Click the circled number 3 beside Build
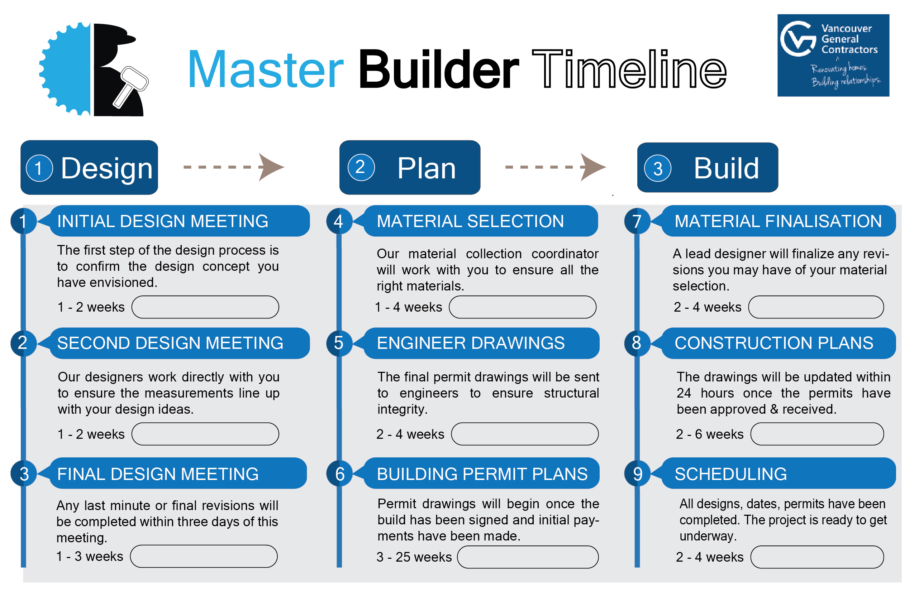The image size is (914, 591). click(657, 168)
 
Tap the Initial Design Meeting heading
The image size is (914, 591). click(163, 221)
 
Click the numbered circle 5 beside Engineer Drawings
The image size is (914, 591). click(339, 343)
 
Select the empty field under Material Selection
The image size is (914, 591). click(522, 307)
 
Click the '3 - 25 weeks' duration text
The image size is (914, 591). click(414, 557)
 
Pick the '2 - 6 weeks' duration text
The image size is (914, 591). click(709, 434)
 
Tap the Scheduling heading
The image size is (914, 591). click(730, 474)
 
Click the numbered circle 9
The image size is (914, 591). click(638, 474)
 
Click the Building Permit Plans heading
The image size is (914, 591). click(482, 474)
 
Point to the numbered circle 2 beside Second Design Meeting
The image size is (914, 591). click(23, 343)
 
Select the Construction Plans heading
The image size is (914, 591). click(774, 343)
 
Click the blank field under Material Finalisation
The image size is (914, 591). click(816, 307)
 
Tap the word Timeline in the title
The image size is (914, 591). click(629, 70)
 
